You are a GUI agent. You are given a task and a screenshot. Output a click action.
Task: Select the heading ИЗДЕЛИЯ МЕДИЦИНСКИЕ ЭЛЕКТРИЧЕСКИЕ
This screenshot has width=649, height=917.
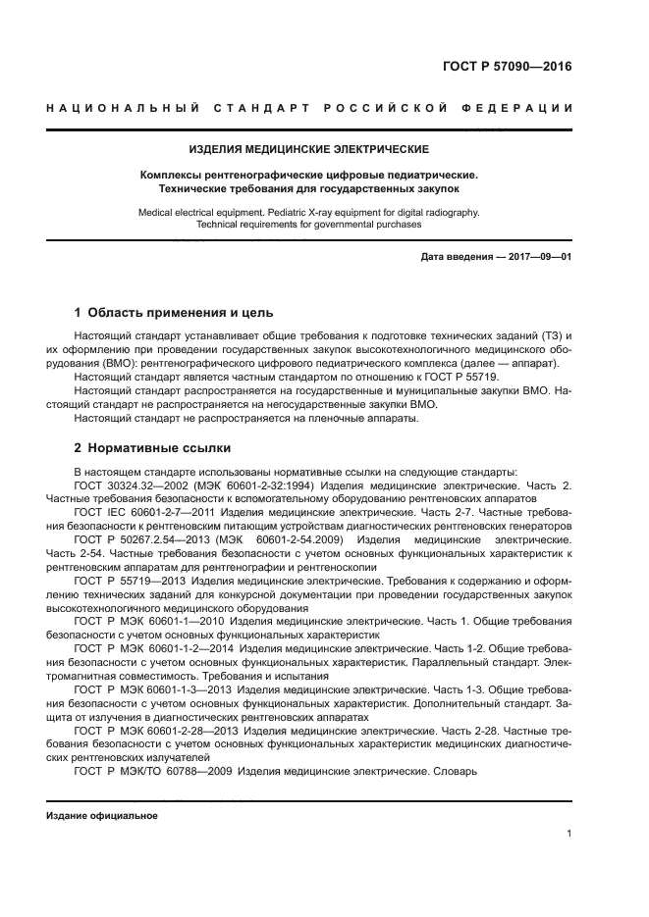coord(308,149)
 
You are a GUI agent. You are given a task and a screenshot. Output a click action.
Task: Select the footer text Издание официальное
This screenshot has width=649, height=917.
coord(102,815)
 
